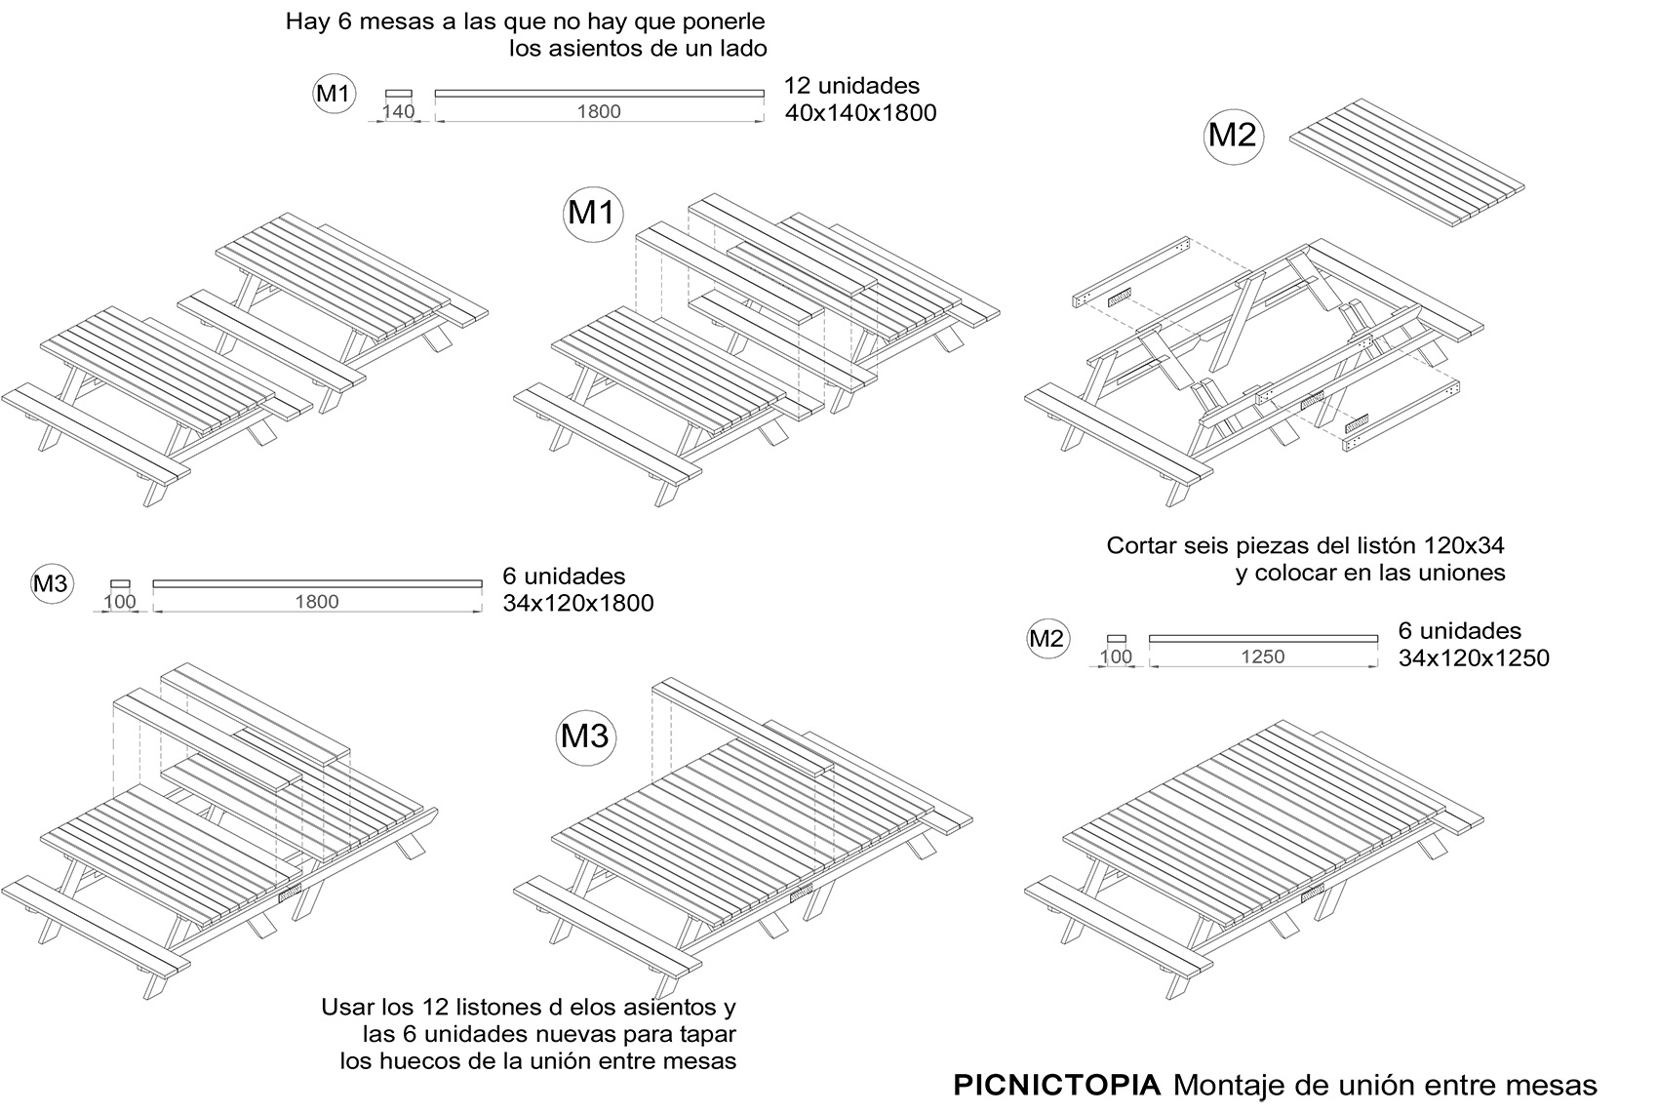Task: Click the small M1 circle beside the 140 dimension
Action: (334, 94)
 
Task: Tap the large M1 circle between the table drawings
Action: (592, 214)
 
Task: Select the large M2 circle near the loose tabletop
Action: (1233, 136)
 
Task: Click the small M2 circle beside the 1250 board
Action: (1047, 638)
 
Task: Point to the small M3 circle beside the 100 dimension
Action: (51, 584)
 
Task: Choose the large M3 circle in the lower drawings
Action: (585, 736)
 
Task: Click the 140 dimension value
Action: (398, 112)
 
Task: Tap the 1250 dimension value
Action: (1263, 656)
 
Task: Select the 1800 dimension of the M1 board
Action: (599, 112)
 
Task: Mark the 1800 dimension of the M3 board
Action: (317, 602)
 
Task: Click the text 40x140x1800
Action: (861, 113)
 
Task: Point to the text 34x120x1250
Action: (1474, 658)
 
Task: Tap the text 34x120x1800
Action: (578, 603)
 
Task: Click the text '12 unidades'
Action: (852, 86)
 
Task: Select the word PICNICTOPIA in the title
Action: (1057, 1085)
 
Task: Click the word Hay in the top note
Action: (307, 22)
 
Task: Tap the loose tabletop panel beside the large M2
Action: (1407, 163)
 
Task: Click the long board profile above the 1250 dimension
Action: (1263, 638)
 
